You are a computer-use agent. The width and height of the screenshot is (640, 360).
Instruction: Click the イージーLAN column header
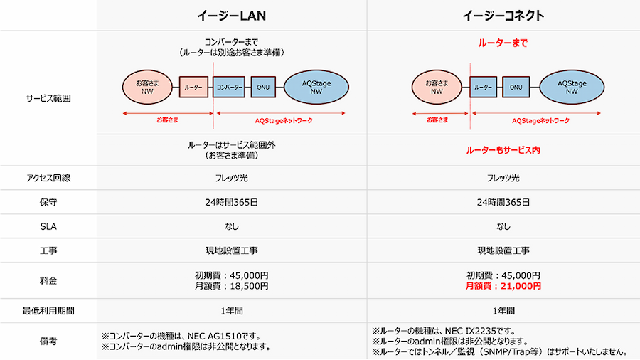[232, 16]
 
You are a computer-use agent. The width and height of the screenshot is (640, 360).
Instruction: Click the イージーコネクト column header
[503, 16]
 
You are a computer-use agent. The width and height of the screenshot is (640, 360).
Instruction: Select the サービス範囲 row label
[48, 98]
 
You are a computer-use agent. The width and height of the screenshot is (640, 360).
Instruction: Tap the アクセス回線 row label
[48, 178]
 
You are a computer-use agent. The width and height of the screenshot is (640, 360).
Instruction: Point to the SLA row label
[48, 226]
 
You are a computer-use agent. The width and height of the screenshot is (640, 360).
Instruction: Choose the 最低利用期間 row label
[48, 311]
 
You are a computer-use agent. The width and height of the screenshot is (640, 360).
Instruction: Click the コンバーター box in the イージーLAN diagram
[229, 88]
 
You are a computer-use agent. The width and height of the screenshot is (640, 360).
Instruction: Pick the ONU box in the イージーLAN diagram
[262, 88]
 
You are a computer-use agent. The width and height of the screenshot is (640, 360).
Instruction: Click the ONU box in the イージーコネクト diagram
[516, 87]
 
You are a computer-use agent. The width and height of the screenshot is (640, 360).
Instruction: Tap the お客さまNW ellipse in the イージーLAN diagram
[147, 88]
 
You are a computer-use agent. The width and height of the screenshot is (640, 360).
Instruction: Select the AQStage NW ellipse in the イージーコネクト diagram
[572, 87]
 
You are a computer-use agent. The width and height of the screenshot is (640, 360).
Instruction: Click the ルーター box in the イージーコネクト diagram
[484, 87]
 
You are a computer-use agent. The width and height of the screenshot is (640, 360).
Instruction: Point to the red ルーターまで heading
[503, 43]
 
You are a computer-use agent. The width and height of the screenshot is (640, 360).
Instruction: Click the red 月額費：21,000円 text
[503, 286]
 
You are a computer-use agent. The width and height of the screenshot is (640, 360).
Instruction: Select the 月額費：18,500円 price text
[232, 286]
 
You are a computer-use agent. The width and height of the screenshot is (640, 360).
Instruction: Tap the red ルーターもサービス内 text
[503, 150]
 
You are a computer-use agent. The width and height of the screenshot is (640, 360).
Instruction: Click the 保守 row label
[48, 202]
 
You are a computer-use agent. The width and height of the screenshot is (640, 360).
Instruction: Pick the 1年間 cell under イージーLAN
[232, 311]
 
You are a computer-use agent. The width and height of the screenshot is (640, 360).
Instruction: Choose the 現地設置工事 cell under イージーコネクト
[503, 250]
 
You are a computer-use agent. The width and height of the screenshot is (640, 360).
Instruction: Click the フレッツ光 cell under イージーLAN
[232, 178]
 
